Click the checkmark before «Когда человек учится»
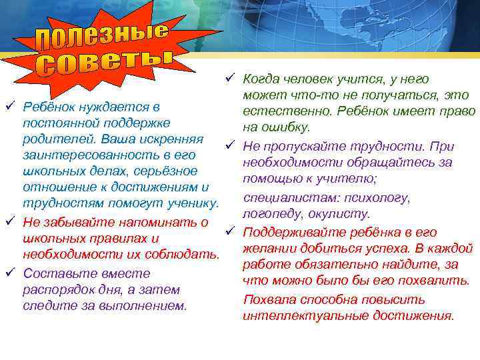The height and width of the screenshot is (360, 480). (229, 79)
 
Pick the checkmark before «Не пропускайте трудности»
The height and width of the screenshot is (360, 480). (229, 145)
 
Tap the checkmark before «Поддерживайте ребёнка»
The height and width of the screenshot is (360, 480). (229, 231)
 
